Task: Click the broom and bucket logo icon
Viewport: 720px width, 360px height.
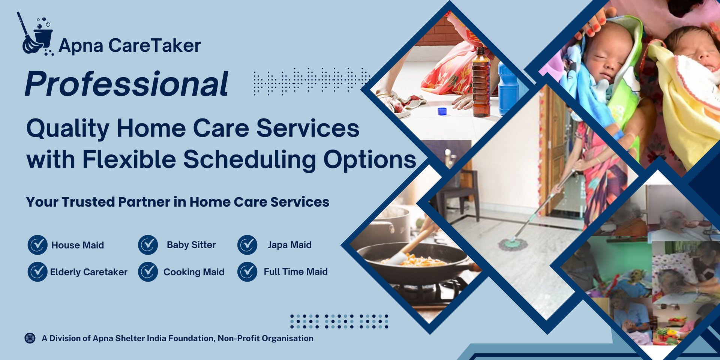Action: point(37,34)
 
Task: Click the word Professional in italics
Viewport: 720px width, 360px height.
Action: point(127,84)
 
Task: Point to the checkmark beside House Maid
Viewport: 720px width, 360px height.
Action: point(37,245)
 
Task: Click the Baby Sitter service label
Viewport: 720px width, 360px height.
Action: point(191,245)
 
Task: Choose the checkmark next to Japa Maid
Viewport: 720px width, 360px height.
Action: point(247,245)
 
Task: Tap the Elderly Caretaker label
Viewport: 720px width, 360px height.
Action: point(89,272)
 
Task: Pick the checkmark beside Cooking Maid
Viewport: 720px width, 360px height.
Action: point(148,271)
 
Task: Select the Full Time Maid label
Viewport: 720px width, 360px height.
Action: point(296,271)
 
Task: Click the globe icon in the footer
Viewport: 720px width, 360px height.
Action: point(30,338)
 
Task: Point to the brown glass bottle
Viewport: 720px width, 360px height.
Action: point(481,82)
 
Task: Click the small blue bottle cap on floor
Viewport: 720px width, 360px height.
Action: point(442,111)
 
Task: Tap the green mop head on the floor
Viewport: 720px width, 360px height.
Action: point(513,244)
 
